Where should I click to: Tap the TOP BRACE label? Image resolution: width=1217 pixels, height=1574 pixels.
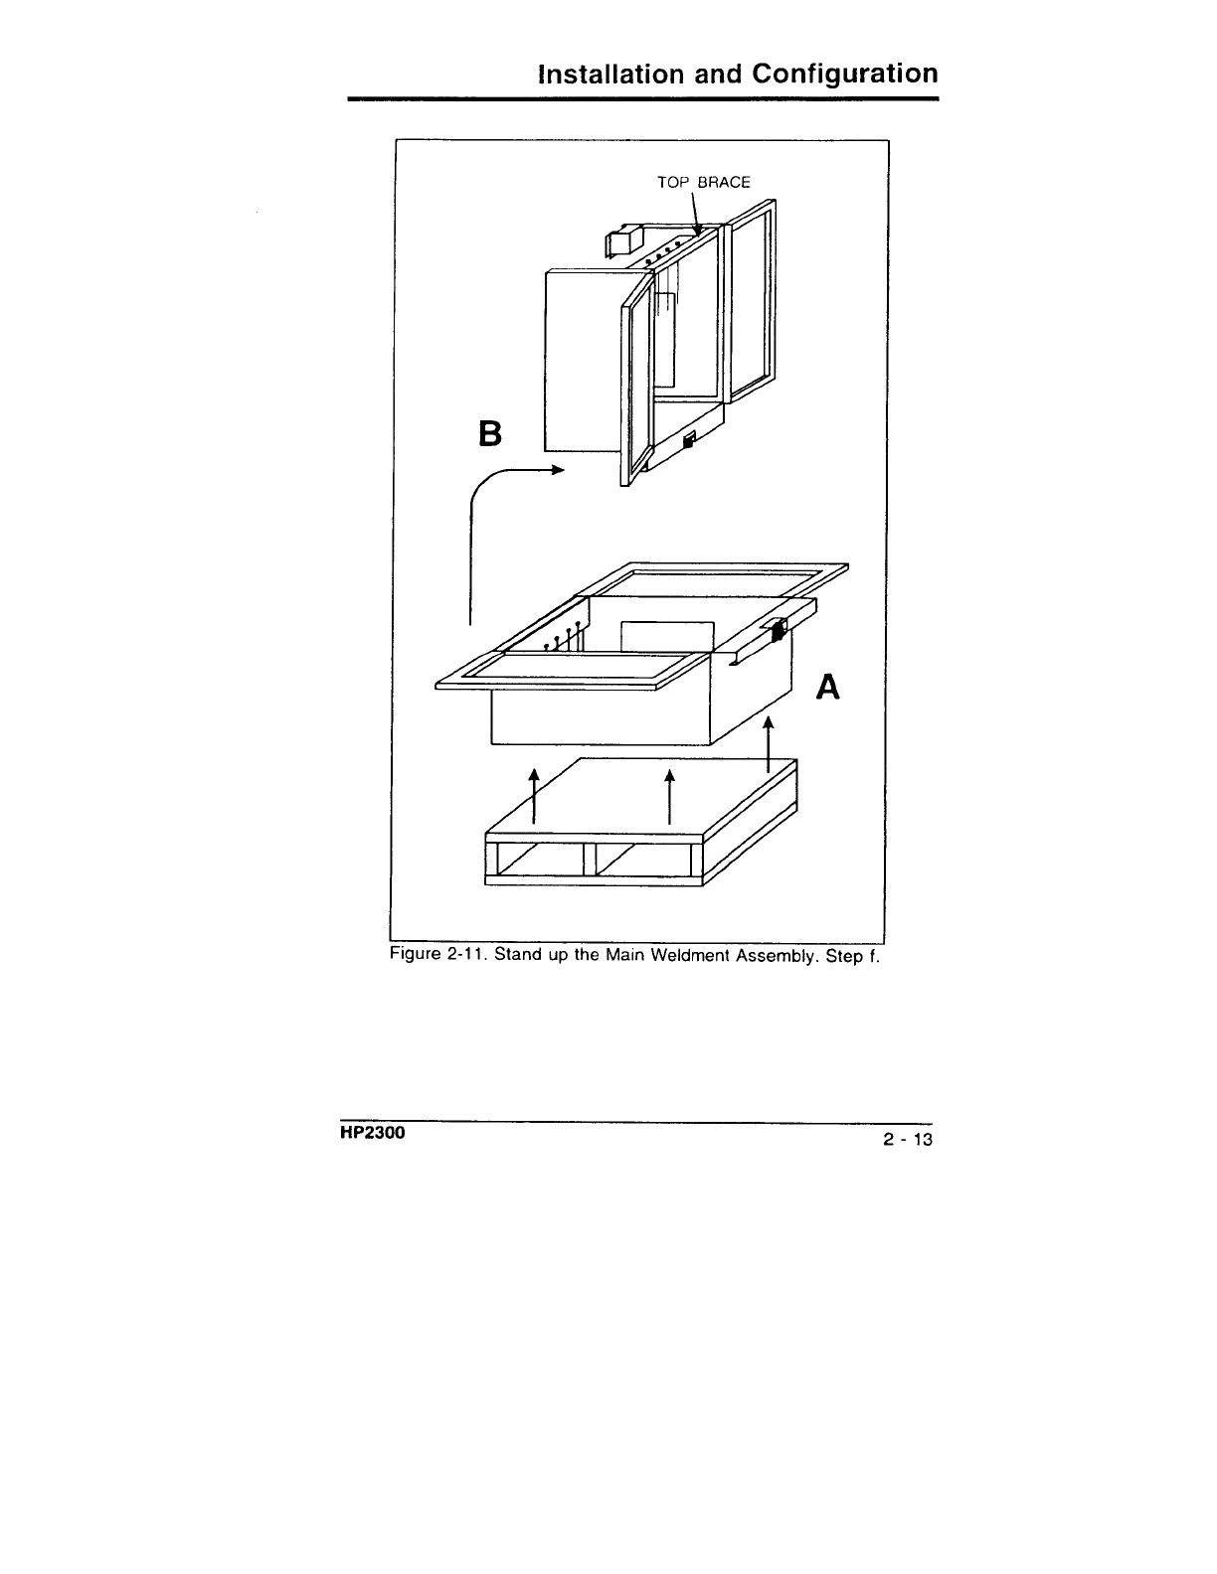point(704,183)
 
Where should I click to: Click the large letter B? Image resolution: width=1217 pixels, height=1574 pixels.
point(491,435)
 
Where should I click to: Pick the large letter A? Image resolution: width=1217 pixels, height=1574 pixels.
point(828,686)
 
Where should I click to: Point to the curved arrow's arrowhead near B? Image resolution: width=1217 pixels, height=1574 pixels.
point(558,471)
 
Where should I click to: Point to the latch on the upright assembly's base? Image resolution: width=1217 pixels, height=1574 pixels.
point(688,439)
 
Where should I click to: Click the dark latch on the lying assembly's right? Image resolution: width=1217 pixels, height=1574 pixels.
point(779,629)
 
